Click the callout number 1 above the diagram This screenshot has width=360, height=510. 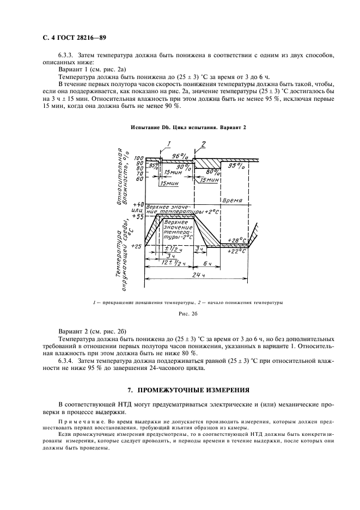coord(169,143)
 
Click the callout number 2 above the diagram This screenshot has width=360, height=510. coord(203,143)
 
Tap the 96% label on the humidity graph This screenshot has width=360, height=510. coord(180,156)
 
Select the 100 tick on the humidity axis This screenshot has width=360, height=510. coord(138,158)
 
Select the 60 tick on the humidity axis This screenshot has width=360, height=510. coord(139,179)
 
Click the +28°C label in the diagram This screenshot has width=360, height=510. coord(237,240)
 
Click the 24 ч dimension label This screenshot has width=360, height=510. coord(198,276)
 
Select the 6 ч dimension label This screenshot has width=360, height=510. coord(208,263)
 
